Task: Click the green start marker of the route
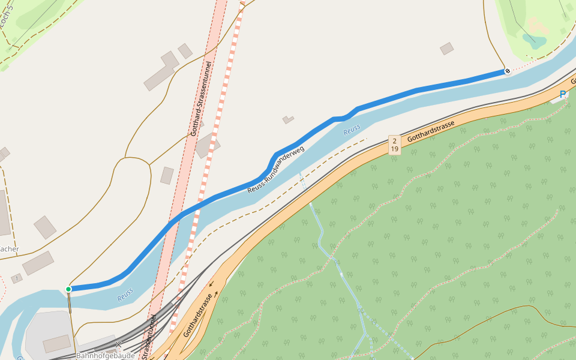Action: coord(68,289)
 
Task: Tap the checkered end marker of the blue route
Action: coord(507,71)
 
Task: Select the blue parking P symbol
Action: coord(562,94)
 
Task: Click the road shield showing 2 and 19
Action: coord(394,145)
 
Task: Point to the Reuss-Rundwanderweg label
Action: coord(276,169)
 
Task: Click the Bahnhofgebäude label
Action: coord(106,355)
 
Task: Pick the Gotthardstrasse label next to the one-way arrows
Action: coord(199,314)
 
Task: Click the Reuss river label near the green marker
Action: coord(125,294)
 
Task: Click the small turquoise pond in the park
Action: coord(534,41)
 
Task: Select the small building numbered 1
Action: coord(16,278)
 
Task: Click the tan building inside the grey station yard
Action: coord(57,343)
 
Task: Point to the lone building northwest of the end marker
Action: coord(446,49)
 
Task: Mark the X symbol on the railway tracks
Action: coord(119,345)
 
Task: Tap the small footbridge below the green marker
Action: coord(70,303)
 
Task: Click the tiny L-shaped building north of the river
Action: coord(288,119)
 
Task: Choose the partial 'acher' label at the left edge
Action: coord(10,249)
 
